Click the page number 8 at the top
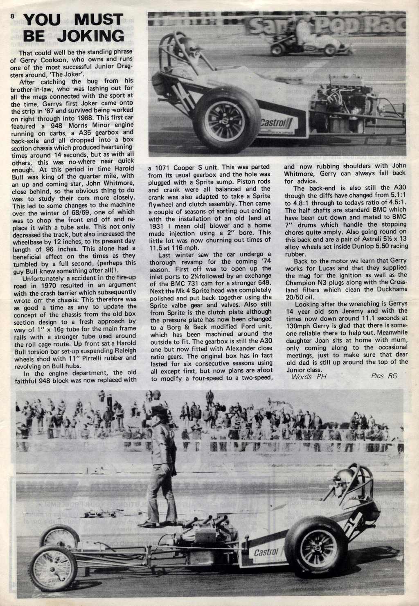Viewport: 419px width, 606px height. point(12,17)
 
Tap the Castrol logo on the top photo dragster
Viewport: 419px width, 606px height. point(276,122)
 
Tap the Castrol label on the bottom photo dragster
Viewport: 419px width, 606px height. point(266,552)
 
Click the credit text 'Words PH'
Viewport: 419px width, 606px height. point(306,377)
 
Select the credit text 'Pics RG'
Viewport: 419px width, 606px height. point(384,376)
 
